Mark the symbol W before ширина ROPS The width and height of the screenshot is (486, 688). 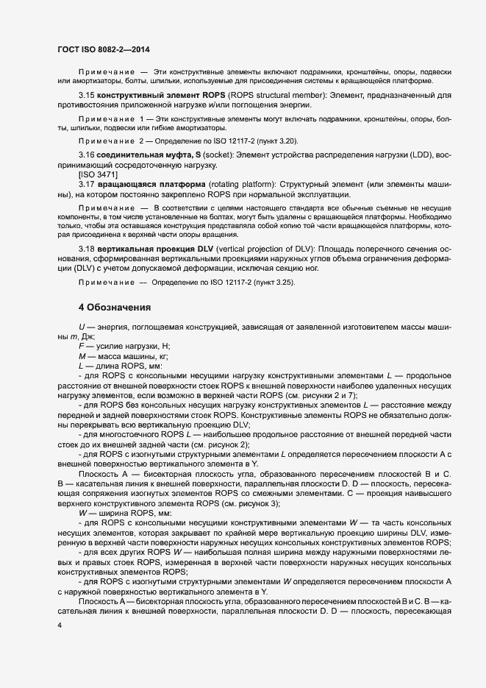[x=83, y=492]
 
